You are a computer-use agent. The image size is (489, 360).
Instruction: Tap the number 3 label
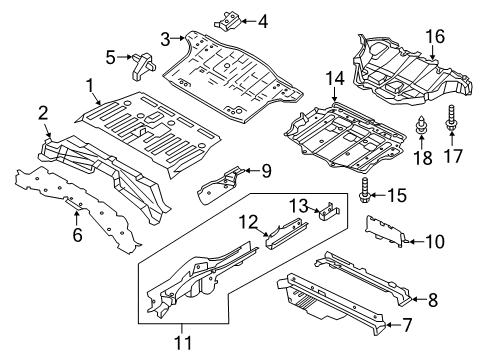point(165,39)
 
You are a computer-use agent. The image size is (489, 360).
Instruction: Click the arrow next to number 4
point(246,21)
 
